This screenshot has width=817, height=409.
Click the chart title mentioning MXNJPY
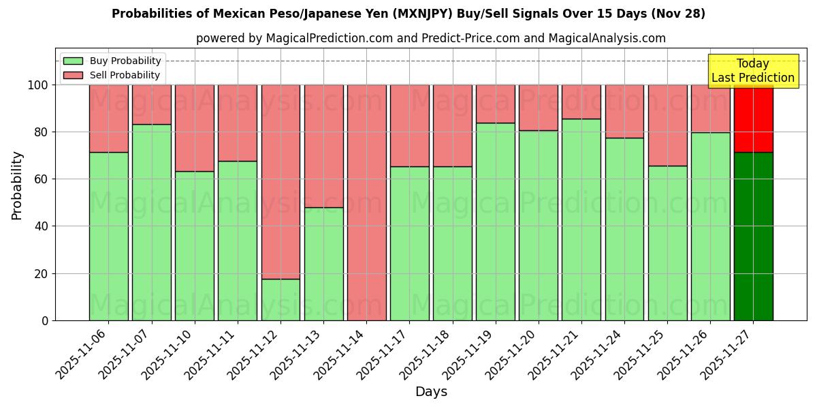(408, 14)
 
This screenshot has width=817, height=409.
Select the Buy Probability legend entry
(112, 61)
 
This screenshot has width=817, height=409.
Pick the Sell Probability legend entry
(112, 76)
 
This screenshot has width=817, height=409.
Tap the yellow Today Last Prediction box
(753, 71)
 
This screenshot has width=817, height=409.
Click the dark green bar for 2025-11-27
(753, 236)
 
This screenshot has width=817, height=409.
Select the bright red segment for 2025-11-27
(753, 118)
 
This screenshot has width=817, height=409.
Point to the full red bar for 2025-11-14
(366, 202)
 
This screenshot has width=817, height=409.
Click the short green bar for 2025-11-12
(281, 299)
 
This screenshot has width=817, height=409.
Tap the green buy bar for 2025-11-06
(108, 236)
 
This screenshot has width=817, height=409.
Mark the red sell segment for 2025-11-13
(323, 146)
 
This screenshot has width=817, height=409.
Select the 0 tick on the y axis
(46, 320)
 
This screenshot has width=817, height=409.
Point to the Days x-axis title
(431, 392)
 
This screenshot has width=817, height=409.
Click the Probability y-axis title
(17, 185)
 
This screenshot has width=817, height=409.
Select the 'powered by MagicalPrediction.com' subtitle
(430, 38)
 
